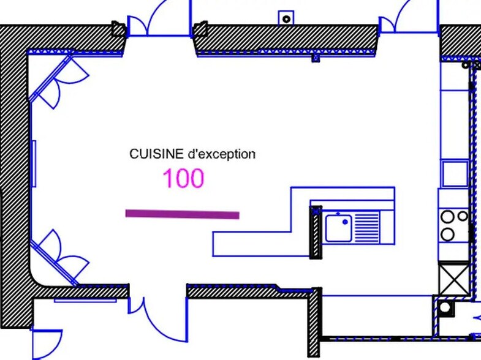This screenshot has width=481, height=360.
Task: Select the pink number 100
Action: [183, 179]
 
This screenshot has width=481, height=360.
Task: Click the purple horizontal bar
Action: [182, 214]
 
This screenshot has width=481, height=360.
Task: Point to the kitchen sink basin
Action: [338, 228]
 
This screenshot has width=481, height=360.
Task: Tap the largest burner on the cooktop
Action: [448, 233]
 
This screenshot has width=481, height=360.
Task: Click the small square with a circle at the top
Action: [286, 18]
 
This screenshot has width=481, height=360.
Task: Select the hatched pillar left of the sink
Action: [316, 232]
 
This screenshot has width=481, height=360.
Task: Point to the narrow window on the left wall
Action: [34, 163]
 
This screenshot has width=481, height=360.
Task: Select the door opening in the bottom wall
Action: [157, 294]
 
